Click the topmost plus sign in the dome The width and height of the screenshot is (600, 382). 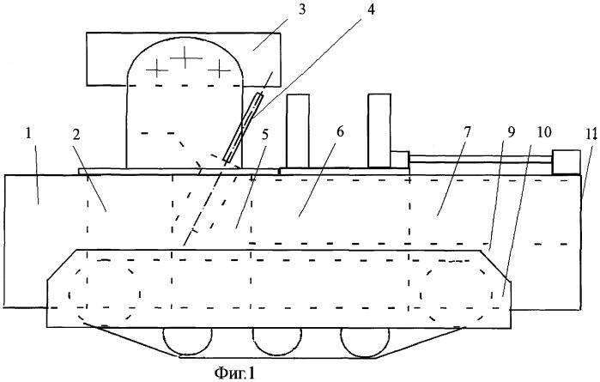tap(185, 58)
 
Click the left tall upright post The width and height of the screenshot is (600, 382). tap(298, 130)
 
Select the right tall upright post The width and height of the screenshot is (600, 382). tap(379, 129)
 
